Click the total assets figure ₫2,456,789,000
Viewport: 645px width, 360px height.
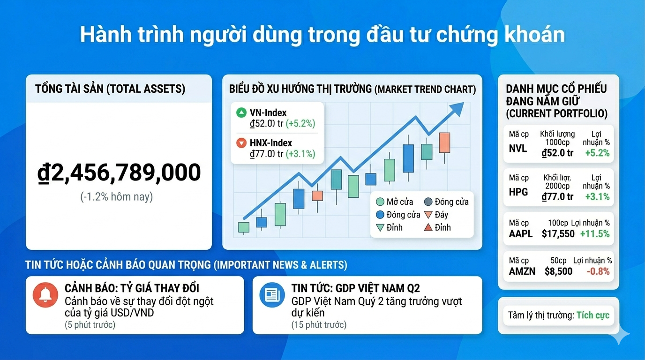119,173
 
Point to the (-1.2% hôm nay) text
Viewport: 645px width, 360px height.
117,196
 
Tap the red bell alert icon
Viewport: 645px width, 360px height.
45,295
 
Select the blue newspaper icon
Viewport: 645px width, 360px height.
272,295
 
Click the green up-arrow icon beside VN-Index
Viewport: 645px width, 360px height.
241,112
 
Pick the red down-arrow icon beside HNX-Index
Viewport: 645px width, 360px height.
241,143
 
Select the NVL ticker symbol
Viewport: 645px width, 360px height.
518,149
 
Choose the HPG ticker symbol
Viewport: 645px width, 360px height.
518,192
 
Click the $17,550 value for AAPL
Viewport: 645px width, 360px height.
558,234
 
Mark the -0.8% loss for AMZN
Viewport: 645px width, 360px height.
598,271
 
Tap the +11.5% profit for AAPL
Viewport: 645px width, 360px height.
595,234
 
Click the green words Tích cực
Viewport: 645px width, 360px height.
593,315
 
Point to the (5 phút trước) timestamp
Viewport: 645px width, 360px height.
90,325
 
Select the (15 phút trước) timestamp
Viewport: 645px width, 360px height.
319,325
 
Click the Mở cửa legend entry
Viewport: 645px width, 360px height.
394,202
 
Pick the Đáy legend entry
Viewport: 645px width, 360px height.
435,215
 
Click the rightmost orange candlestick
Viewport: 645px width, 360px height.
444,142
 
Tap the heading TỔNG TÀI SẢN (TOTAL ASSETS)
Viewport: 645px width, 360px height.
110,89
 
